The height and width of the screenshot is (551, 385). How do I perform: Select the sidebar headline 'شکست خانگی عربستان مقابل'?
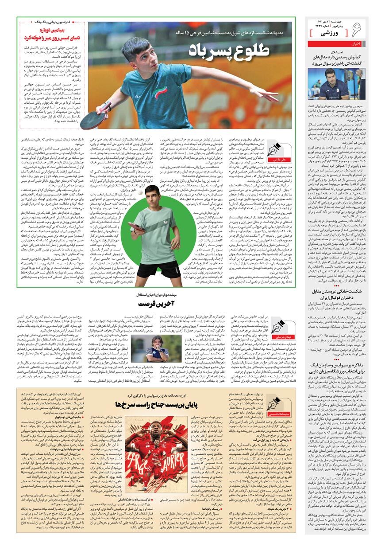pos(342,291)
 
